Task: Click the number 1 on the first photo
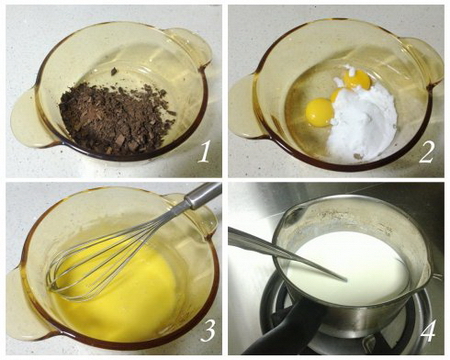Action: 204,151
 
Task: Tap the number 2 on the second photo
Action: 427,151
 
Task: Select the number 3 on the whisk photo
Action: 207,330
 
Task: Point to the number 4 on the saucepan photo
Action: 428,330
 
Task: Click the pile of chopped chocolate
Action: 116,118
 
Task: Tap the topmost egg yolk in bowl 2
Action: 356,80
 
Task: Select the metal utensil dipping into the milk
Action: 287,253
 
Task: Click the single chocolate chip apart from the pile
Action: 114,71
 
